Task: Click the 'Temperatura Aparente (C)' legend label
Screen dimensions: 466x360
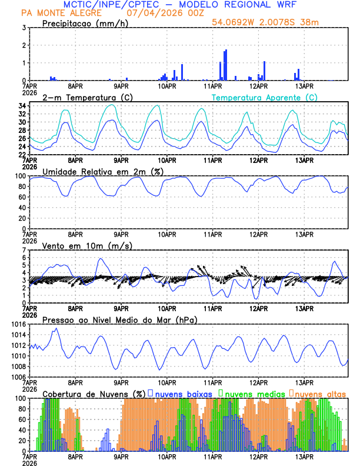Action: tap(264, 97)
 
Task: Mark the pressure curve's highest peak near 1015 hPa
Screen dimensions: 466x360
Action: tap(56, 328)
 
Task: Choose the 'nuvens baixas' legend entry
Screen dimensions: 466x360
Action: tap(182, 394)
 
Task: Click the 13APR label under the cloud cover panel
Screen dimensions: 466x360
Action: tap(304, 456)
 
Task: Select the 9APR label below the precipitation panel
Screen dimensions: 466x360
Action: tap(121, 85)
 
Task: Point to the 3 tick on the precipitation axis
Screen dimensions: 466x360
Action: tap(24, 28)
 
